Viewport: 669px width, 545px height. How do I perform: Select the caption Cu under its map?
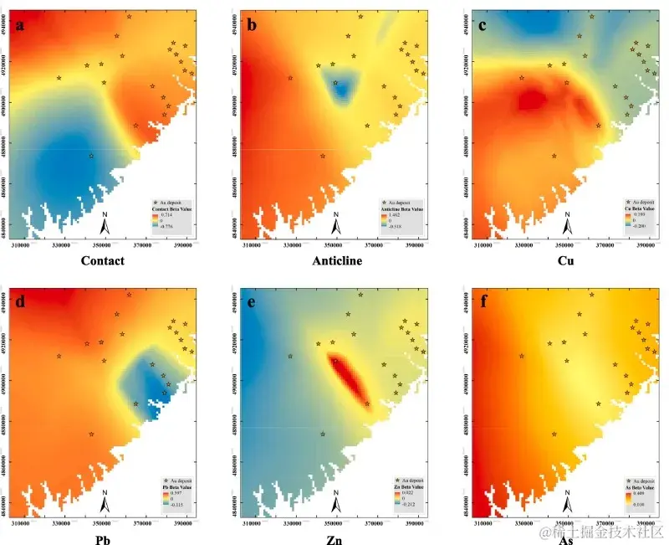[x=566, y=260]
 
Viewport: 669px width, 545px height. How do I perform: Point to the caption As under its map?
[x=566, y=539]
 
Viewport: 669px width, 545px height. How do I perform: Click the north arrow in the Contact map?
[x=104, y=224]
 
